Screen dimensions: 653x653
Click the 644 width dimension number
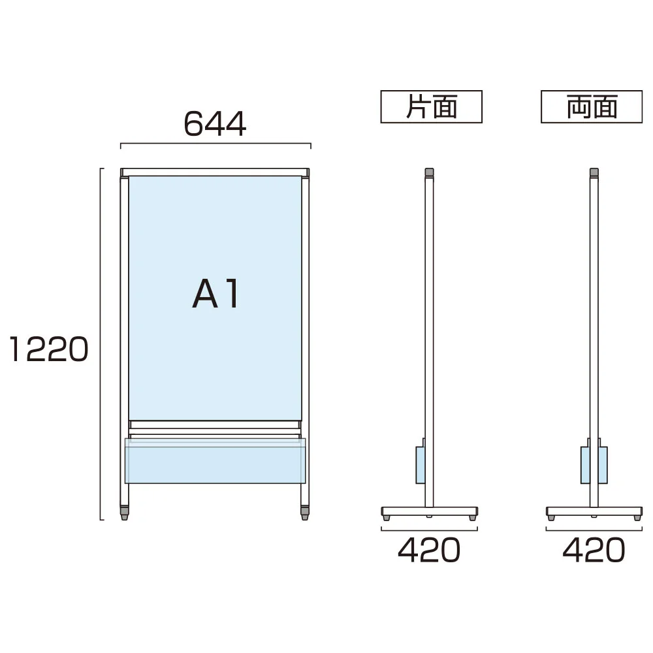pyautogui.click(x=215, y=124)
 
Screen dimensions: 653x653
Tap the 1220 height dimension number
pyautogui.click(x=49, y=349)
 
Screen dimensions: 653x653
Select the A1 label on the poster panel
pyautogui.click(x=215, y=294)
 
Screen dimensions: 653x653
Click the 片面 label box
pyautogui.click(x=432, y=106)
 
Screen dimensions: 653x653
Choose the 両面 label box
pyautogui.click(x=592, y=106)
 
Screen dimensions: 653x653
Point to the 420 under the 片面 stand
pyautogui.click(x=429, y=550)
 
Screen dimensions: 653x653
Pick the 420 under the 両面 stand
pyautogui.click(x=594, y=550)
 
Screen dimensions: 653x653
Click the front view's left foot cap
pyautogui.click(x=125, y=513)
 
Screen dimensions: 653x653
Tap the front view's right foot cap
pyautogui.click(x=305, y=513)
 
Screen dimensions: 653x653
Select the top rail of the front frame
pyautogui.click(x=215, y=172)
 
